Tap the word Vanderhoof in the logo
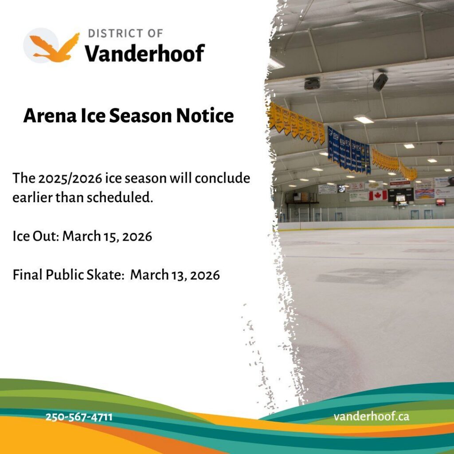145,53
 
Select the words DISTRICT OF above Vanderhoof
125,33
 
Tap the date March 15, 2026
107,236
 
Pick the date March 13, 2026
175,275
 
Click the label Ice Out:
35,236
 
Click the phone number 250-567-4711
79,417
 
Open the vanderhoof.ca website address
372,417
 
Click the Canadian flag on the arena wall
378,195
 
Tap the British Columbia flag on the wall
424,194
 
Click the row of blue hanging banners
348,151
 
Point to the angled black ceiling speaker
380,82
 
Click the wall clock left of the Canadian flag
341,188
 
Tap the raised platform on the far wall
301,199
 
